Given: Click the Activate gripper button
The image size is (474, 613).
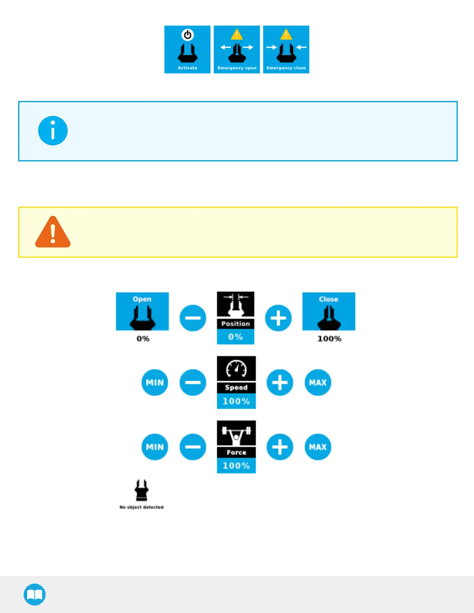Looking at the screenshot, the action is (187, 50).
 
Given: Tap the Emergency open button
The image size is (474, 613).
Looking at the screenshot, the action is (237, 50).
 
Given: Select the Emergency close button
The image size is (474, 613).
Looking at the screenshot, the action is (286, 50).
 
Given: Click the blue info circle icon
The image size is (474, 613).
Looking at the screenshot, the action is (53, 131).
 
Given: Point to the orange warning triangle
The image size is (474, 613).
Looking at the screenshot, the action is (53, 232).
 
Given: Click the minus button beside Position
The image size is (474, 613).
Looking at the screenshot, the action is (193, 318).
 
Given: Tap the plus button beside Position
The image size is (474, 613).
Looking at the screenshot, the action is (278, 318).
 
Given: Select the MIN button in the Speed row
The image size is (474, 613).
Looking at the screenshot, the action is (155, 382).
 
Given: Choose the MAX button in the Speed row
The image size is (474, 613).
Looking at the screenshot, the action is (318, 382).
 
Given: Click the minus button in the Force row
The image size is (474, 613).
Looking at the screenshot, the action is (193, 447).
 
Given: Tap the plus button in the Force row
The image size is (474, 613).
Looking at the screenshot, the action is (280, 447).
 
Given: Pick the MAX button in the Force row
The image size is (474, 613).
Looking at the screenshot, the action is (318, 447).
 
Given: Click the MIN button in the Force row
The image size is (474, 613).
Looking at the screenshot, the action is (155, 447).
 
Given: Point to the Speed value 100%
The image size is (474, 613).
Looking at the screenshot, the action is (236, 401).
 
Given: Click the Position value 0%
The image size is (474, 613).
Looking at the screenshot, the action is (235, 337).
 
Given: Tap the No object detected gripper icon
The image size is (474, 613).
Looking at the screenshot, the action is (141, 491).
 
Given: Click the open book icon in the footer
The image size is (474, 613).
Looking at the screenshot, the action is (35, 594).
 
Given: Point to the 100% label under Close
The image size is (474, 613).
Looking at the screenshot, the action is (329, 339).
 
